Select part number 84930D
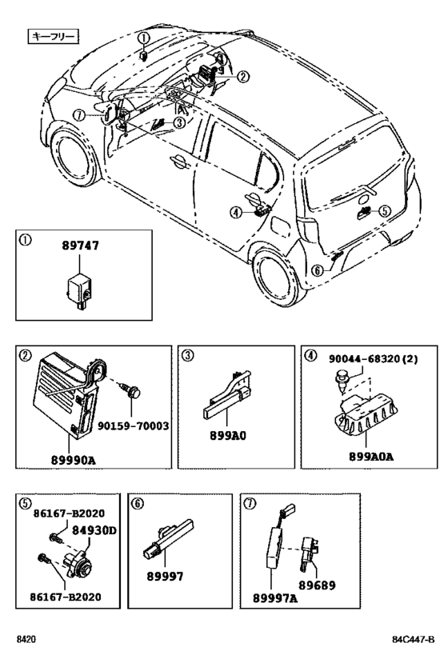pyautogui.click(x=94, y=529)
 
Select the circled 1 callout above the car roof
pyautogui.click(x=142, y=38)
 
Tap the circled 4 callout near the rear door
pyautogui.click(x=236, y=212)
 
